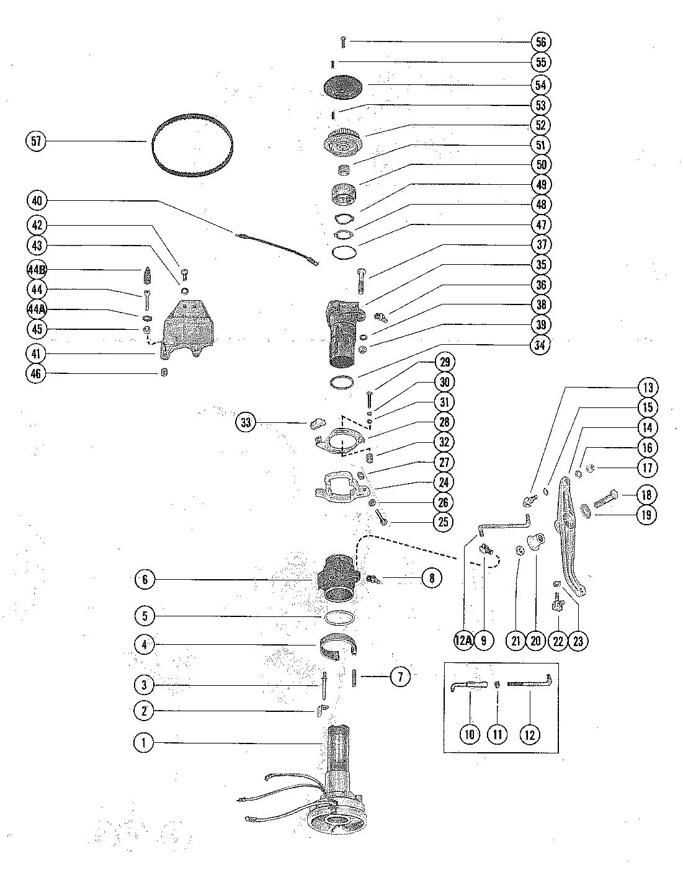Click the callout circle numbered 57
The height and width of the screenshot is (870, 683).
[36, 141]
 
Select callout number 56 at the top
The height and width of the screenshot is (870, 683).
[541, 42]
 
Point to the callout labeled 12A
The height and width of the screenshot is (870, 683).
[463, 641]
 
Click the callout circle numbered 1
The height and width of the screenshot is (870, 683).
[144, 743]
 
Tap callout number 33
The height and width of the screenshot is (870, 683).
[247, 423]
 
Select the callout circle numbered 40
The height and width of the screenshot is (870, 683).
[36, 201]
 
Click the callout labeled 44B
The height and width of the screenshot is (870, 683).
[36, 270]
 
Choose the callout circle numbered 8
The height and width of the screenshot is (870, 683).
[432, 579]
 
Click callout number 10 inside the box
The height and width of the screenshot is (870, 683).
[469, 734]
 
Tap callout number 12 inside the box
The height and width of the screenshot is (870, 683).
[529, 734]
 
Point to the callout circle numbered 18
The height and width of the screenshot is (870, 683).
[646, 494]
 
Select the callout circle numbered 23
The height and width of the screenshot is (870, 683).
[578, 641]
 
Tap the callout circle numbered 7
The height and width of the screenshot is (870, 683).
[400, 677]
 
